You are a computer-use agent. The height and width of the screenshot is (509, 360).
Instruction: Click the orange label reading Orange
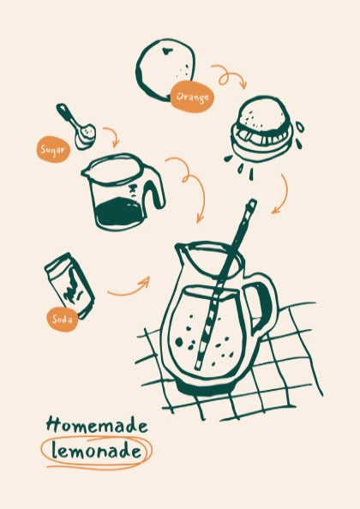[192, 97]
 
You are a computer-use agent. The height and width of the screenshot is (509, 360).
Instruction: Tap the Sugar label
[53, 149]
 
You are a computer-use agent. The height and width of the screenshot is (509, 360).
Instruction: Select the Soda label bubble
[63, 320]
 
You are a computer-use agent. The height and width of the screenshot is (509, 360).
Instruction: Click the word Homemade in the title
[97, 425]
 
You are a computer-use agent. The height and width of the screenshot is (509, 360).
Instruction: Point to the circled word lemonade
[96, 451]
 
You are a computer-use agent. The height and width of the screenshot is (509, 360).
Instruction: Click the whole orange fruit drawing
[165, 69]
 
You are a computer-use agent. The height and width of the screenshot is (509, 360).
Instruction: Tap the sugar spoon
[76, 127]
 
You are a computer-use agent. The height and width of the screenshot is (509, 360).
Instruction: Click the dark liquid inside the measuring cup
[118, 213]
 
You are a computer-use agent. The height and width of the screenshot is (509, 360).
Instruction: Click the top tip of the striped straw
[252, 201]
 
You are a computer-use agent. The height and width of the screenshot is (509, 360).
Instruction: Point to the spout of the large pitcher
[181, 249]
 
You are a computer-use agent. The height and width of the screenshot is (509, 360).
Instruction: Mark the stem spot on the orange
[167, 51]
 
